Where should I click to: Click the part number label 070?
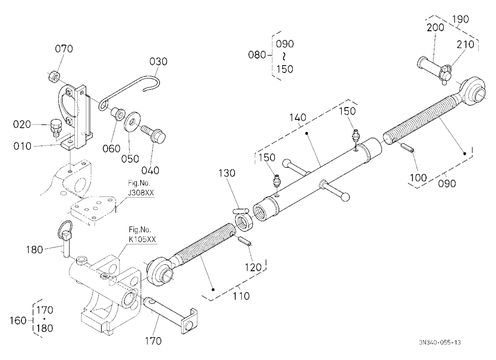[64, 49]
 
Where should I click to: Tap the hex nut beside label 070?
[53, 76]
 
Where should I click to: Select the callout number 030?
[158, 61]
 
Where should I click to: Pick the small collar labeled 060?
[118, 114]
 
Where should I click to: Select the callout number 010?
[22, 146]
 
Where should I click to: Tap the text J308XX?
[141, 193]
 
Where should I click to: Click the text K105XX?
[142, 240]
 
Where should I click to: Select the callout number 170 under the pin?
[153, 341]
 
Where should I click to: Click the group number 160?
[18, 320]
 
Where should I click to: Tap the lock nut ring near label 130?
[244, 221]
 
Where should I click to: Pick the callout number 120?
[253, 267]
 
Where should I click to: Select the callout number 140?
[298, 118]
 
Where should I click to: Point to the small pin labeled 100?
[407, 148]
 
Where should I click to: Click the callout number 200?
[435, 28]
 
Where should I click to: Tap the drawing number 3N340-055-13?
[439, 342]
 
